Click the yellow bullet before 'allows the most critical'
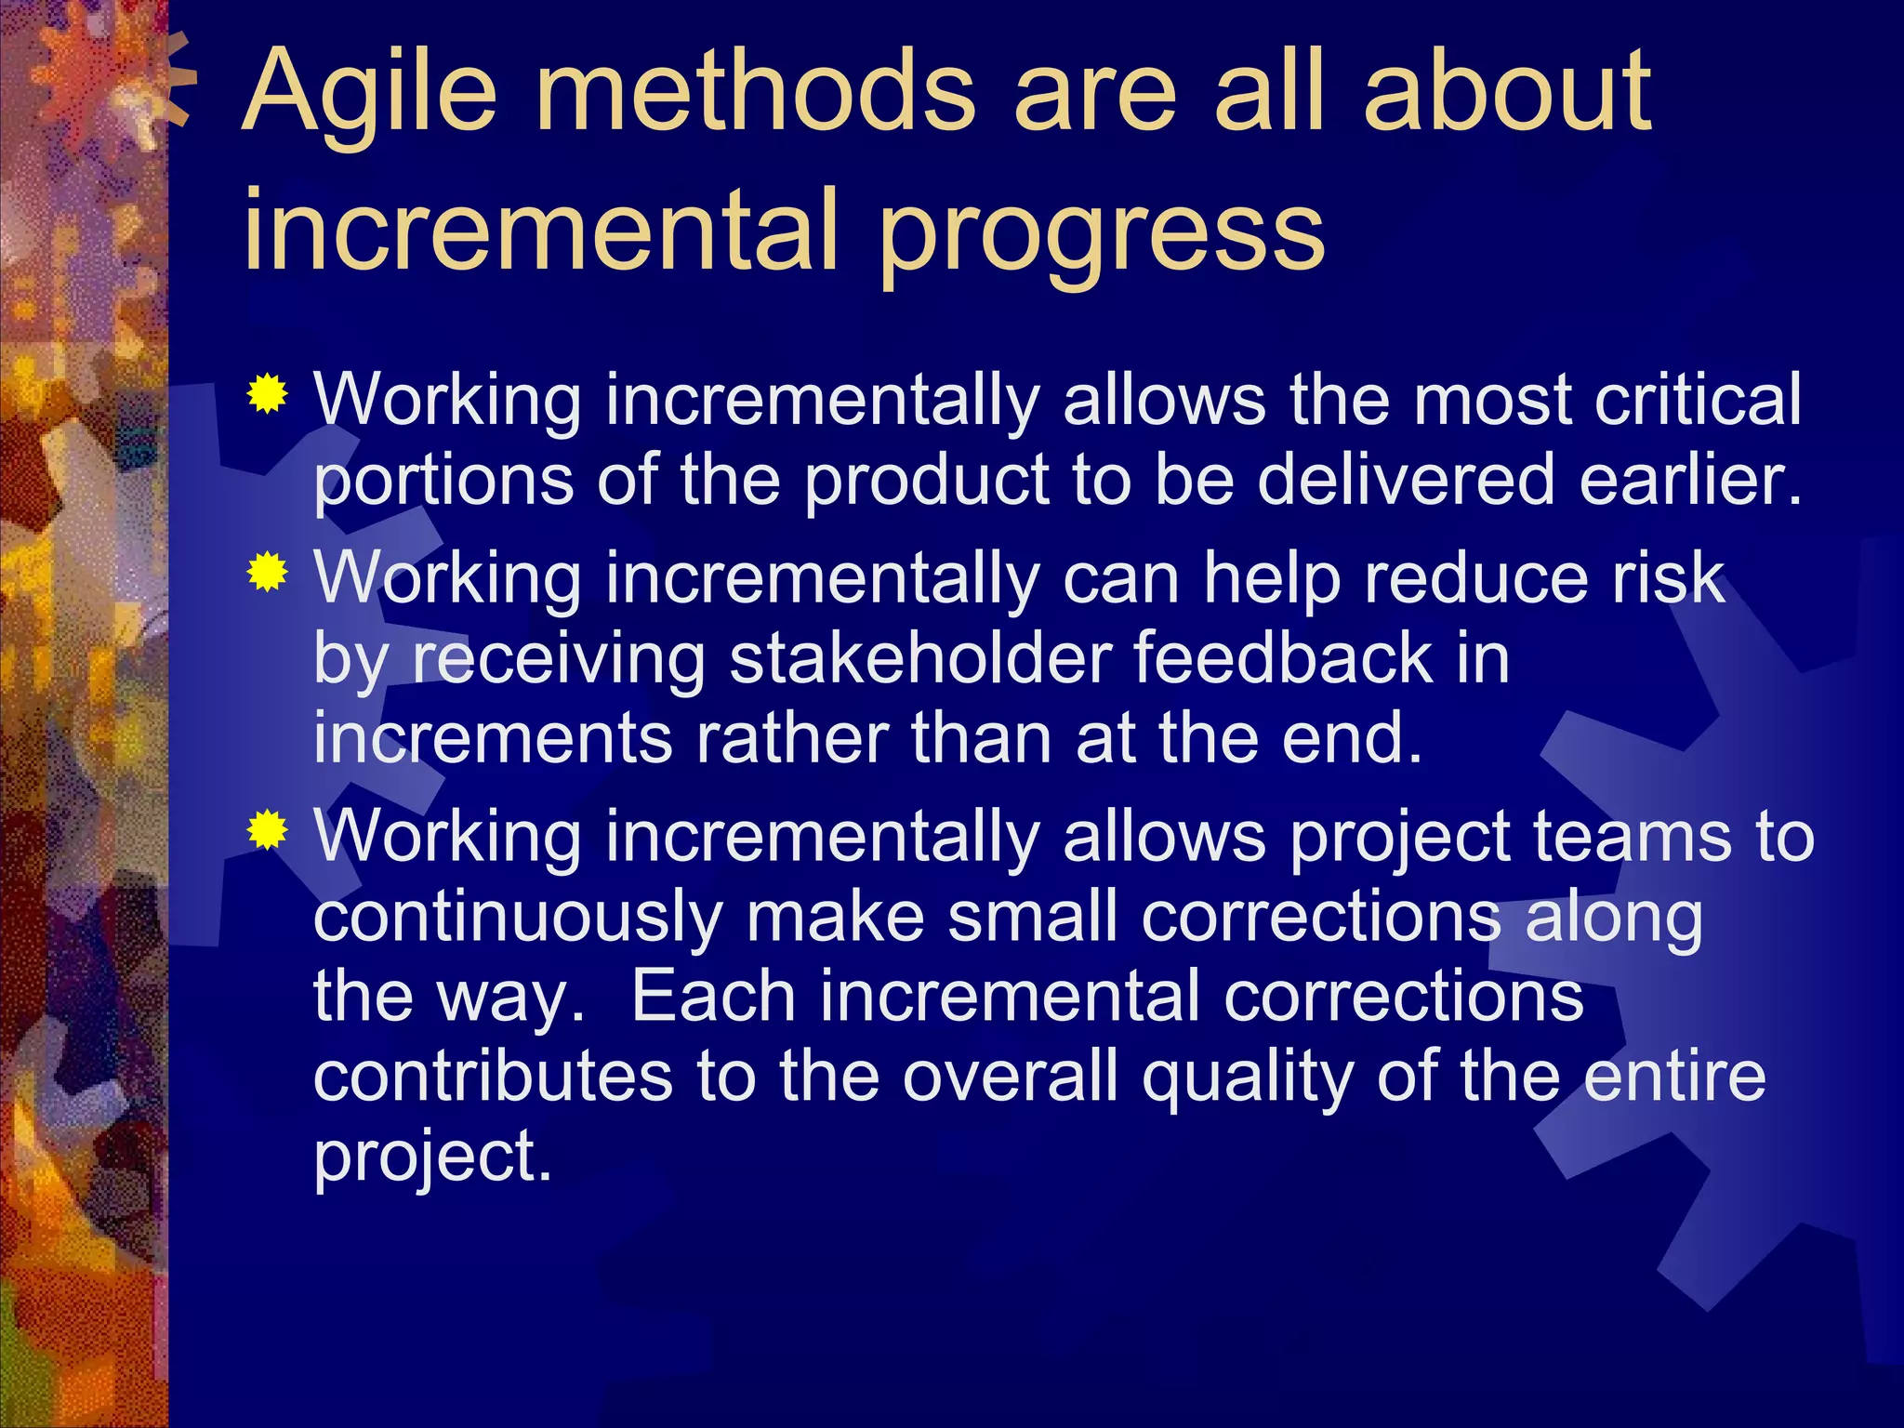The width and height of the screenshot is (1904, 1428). (x=267, y=394)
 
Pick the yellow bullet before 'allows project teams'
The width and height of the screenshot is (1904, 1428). (x=267, y=830)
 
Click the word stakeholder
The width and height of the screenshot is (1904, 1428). (x=920, y=658)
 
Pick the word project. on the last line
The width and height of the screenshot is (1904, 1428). (x=432, y=1158)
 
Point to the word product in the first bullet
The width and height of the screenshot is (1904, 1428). (x=925, y=482)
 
